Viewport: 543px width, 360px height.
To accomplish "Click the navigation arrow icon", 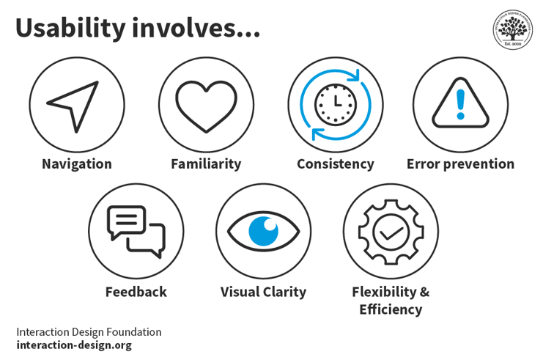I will pyautogui.click(x=75, y=105).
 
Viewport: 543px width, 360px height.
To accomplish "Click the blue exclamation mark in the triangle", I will pyautogui.click(x=460, y=103).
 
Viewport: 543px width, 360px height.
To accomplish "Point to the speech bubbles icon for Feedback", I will pyautogui.click(x=136, y=231).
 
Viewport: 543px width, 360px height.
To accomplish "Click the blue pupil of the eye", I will pyautogui.click(x=263, y=231).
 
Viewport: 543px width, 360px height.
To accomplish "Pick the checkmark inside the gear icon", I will pyautogui.click(x=391, y=232).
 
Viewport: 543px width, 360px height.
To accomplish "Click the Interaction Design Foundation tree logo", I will pyautogui.click(x=512, y=30).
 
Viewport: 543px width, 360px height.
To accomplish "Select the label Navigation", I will pyautogui.click(x=76, y=164).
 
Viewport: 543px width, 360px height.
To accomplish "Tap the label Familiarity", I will pyautogui.click(x=206, y=164).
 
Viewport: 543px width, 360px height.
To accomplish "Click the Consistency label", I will pyautogui.click(x=335, y=164).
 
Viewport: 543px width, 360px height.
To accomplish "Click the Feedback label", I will pyautogui.click(x=136, y=292).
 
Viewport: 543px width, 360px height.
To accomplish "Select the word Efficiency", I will pyautogui.click(x=391, y=309).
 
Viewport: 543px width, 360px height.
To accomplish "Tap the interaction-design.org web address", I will pyautogui.click(x=74, y=345).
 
